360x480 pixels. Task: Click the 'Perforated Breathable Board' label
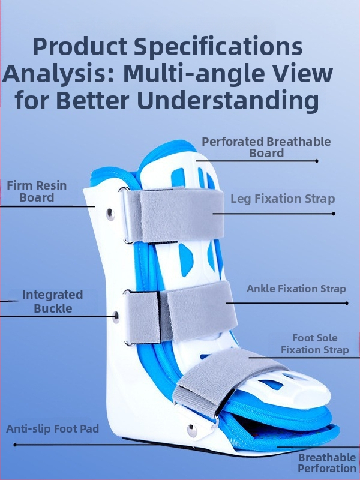[266, 147]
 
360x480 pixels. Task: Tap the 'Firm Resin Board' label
[37, 191]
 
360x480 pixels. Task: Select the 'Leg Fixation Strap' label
[283, 199]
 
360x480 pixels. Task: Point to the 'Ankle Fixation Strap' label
[296, 289]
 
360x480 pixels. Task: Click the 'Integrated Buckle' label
[52, 302]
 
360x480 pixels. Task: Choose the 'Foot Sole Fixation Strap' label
[314, 344]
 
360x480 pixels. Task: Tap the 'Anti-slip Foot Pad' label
[52, 429]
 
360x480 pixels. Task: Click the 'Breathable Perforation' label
[327, 463]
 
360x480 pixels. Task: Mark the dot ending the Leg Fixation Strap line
[334, 214]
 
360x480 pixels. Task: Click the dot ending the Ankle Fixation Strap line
[347, 304]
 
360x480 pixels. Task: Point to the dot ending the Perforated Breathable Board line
[317, 161]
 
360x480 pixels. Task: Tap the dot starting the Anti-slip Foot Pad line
[15, 445]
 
